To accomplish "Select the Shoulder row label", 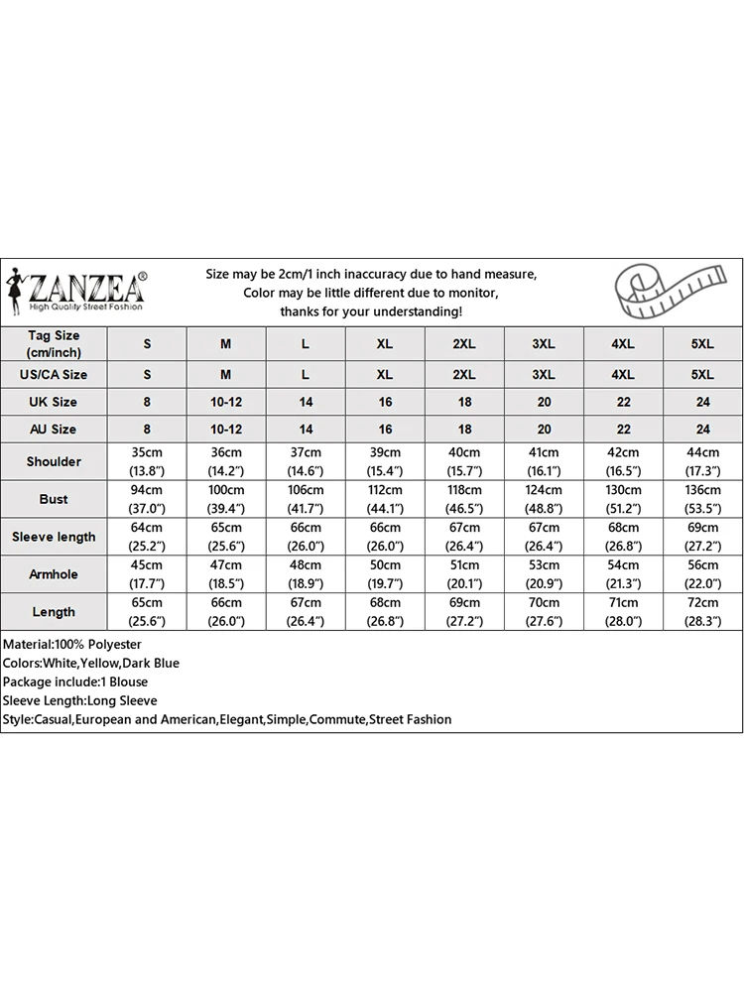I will pos(55,461).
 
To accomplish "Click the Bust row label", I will pos(55,499).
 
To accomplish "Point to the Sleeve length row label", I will pos(55,537).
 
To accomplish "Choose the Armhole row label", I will pos(55,574).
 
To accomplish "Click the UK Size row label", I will pos(55,402).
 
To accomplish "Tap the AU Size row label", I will pos(55,430).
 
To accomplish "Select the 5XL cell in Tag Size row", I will pos(702,344).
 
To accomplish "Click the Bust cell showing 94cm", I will pos(147,499).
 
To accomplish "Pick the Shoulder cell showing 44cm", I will pos(702,461).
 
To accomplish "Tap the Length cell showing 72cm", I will pos(702,612).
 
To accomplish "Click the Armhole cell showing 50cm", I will pos(385,574).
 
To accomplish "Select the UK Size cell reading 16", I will pos(385,402).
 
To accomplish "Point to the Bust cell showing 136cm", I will pos(702,499).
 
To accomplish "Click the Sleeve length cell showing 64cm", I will pos(147,537).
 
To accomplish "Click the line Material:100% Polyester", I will pos(72,645).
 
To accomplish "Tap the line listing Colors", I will pos(91,664).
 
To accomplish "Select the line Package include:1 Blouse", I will pos(75,682).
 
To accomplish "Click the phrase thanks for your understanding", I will pos(371,311).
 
